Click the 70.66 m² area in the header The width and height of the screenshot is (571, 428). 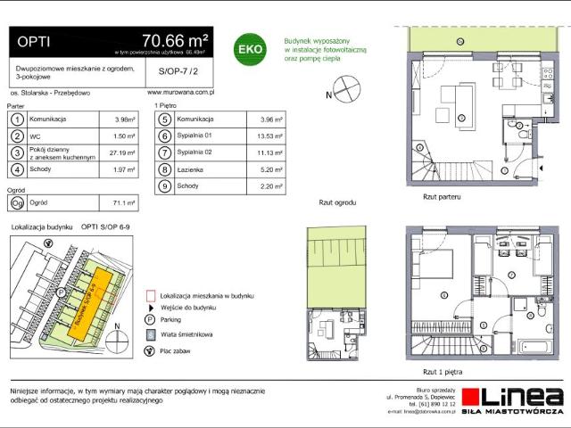(x=175, y=40)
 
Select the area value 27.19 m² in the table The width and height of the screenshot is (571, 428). (x=121, y=152)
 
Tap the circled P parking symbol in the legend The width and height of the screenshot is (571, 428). (x=149, y=320)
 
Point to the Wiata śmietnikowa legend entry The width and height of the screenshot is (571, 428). (x=187, y=334)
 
